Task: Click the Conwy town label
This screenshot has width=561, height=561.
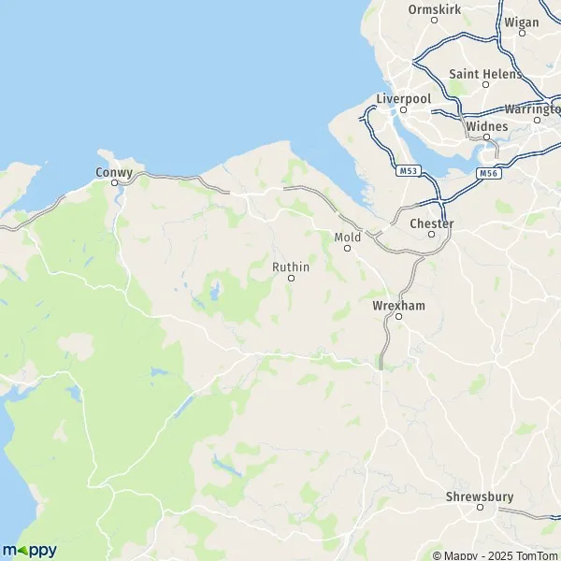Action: point(113,172)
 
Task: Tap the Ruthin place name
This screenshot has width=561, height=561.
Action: point(290,267)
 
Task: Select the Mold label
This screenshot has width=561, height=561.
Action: point(347,237)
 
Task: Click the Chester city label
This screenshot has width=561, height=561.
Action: point(431,224)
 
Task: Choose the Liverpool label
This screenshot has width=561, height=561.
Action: point(402,98)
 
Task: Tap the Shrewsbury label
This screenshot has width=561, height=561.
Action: point(481,496)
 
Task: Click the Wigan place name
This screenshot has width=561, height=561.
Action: point(522,22)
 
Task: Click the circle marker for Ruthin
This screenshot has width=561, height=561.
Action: point(291,279)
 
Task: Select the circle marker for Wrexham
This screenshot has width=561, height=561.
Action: point(397,317)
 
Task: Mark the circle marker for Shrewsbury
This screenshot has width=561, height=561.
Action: point(481,508)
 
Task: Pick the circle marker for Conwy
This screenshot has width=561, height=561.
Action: point(114,183)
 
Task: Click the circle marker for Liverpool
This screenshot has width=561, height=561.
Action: point(403,109)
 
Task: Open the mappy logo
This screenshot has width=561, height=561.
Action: point(29,550)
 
